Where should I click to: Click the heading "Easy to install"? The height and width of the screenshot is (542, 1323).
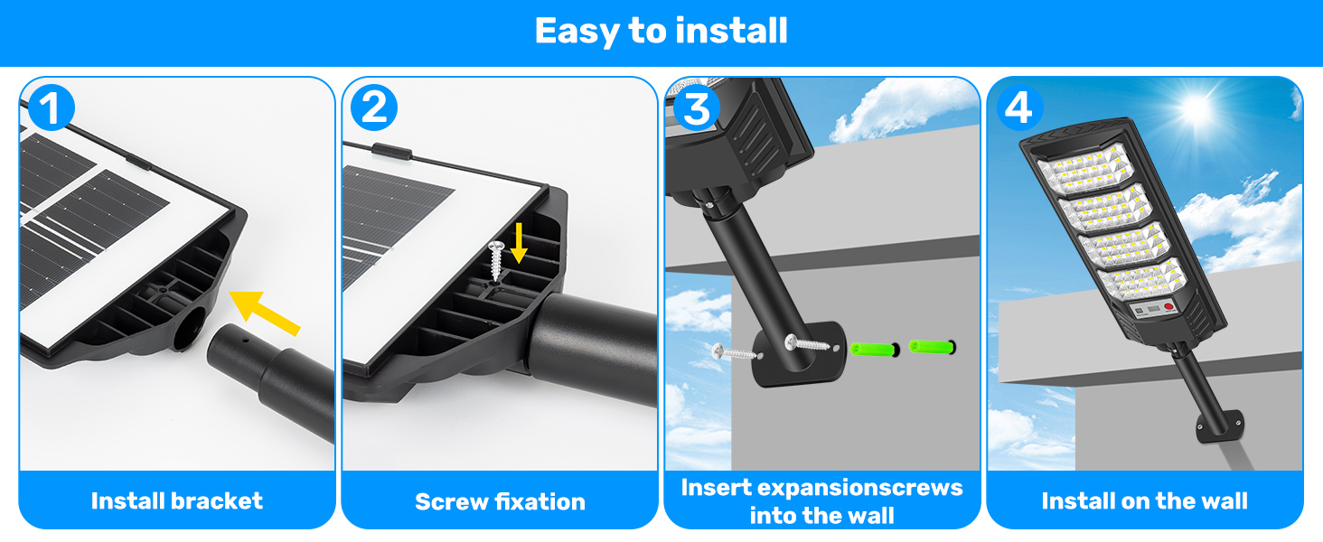pyautogui.click(x=661, y=31)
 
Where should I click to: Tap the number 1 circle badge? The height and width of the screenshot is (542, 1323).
pyautogui.click(x=52, y=108)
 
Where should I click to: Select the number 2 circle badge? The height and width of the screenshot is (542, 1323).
pyautogui.click(x=374, y=108)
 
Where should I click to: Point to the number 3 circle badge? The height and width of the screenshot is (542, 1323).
pyautogui.click(x=697, y=108)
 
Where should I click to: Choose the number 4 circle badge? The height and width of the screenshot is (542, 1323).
pyautogui.click(x=1019, y=108)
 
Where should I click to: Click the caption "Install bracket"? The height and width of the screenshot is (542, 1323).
pyautogui.click(x=176, y=500)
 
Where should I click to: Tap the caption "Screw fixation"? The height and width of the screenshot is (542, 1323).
pyautogui.click(x=500, y=502)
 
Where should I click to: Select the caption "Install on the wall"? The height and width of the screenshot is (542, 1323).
pyautogui.click(x=1145, y=500)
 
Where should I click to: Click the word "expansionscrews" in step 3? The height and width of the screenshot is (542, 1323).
pyautogui.click(x=860, y=489)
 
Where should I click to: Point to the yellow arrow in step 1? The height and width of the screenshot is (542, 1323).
pyautogui.click(x=264, y=313)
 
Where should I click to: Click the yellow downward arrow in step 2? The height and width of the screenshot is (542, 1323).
pyautogui.click(x=519, y=243)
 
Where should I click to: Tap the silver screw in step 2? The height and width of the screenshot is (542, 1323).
pyautogui.click(x=495, y=260)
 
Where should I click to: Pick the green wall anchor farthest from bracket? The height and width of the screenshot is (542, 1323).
pyautogui.click(x=932, y=347)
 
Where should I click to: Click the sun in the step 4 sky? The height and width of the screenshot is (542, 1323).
pyautogui.click(x=1196, y=108)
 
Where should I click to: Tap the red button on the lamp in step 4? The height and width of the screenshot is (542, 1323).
pyautogui.click(x=1168, y=307)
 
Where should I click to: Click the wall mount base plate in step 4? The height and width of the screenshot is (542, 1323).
pyautogui.click(x=1219, y=426)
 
